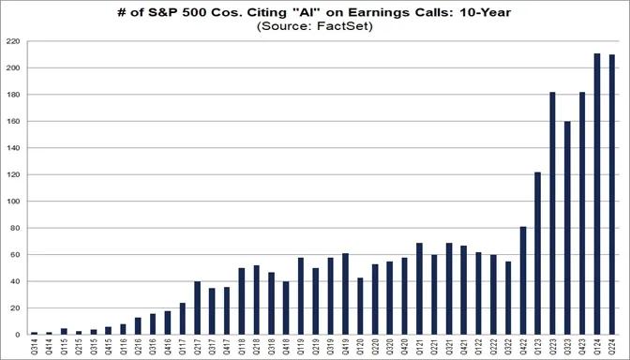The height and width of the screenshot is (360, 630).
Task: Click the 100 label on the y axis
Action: pyautogui.click(x=13, y=202)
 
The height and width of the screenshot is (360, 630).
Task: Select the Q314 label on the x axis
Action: pyautogui.click(x=34, y=347)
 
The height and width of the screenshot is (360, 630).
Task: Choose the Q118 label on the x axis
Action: pyautogui.click(x=242, y=347)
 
